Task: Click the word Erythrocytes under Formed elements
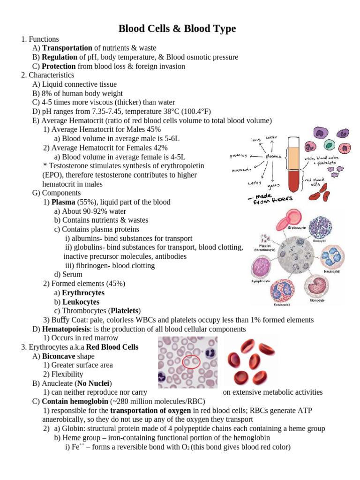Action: coord(83,293)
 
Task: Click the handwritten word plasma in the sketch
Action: coord(273,156)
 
